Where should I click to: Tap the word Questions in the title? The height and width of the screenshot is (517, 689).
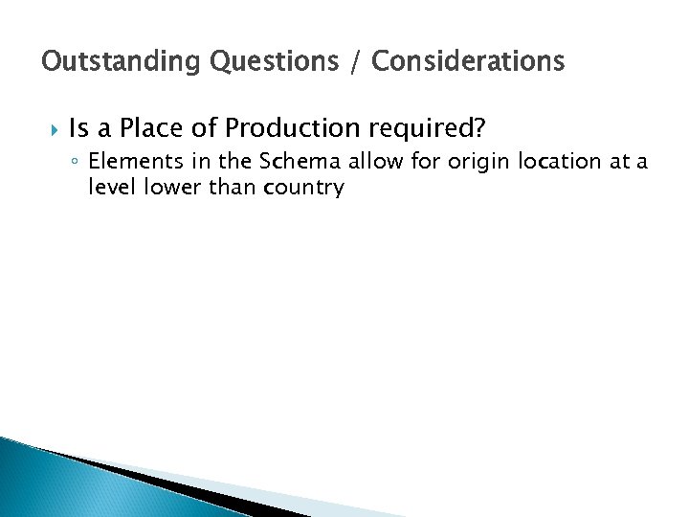(x=265, y=62)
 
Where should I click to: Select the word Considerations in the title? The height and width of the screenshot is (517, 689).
(x=468, y=62)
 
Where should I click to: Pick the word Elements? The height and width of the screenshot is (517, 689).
(x=128, y=163)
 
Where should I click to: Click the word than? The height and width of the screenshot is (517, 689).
(x=227, y=187)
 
